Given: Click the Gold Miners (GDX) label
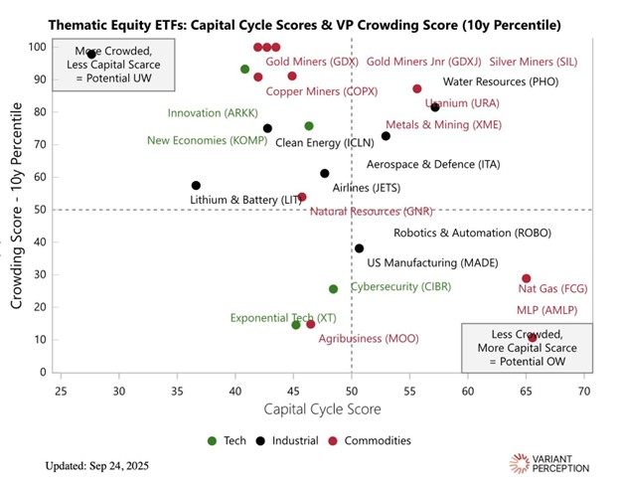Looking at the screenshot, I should pyautogui.click(x=311, y=62).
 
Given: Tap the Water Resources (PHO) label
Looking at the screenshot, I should pyautogui.click(x=501, y=82).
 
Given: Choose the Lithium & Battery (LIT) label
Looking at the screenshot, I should pyautogui.click(x=245, y=200).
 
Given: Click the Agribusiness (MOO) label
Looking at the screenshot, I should pyautogui.click(x=369, y=339).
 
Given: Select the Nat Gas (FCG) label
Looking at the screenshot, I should pyautogui.click(x=553, y=289).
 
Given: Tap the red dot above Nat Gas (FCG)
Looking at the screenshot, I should pyautogui.click(x=527, y=278).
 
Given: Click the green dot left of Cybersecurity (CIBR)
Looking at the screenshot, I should pyautogui.click(x=333, y=289).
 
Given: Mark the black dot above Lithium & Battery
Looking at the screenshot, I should pyautogui.click(x=196, y=186).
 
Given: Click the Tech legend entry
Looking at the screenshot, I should pyautogui.click(x=229, y=440).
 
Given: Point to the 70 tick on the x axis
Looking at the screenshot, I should pyautogui.click(x=584, y=392).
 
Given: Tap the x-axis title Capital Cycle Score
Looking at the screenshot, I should pyautogui.click(x=321, y=409).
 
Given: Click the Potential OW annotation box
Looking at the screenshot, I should pyautogui.click(x=506, y=348).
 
